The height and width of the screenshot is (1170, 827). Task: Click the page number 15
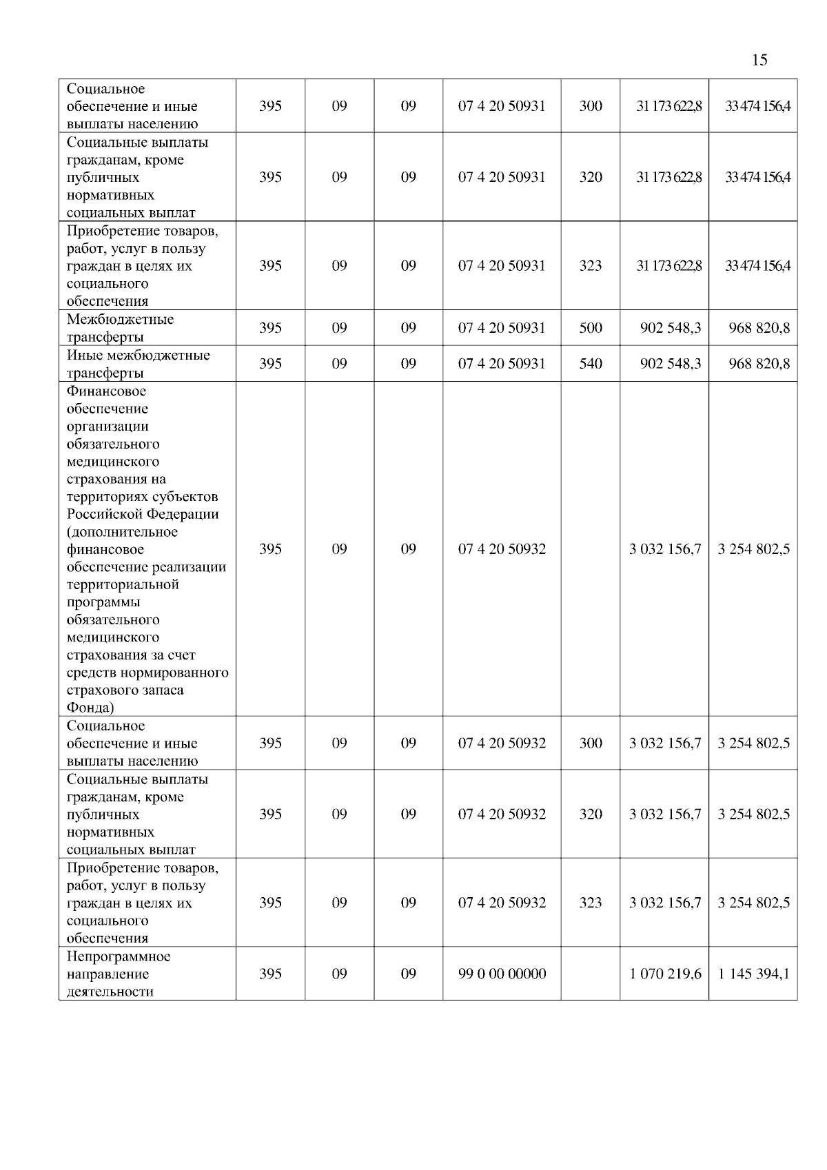[759, 60]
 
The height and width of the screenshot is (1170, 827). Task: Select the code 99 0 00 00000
[502, 974]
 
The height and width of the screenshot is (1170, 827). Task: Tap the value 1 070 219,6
[665, 974]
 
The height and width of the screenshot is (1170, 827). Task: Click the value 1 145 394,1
[753, 974]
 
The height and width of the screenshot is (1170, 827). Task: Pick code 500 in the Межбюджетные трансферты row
[591, 328]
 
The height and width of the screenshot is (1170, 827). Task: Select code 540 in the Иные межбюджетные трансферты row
[591, 364]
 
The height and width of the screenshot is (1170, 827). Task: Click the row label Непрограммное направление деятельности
[118, 974]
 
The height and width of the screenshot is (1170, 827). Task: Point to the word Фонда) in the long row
[90, 708]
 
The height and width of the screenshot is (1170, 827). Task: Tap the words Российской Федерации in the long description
[143, 514]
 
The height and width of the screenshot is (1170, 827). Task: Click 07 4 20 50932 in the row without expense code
[502, 549]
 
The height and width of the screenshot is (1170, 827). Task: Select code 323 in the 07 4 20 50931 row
[591, 266]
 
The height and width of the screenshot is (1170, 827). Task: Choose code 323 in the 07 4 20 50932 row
[591, 903]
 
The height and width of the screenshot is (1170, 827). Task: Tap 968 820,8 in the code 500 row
[759, 328]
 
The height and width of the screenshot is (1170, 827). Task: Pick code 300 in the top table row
[591, 106]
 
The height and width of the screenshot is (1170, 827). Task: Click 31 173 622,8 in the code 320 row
[668, 177]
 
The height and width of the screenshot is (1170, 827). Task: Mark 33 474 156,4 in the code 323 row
[757, 266]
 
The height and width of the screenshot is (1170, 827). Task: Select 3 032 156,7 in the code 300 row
[665, 743]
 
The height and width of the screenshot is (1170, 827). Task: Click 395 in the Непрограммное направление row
[270, 974]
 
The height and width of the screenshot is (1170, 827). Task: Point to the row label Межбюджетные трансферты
[120, 328]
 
